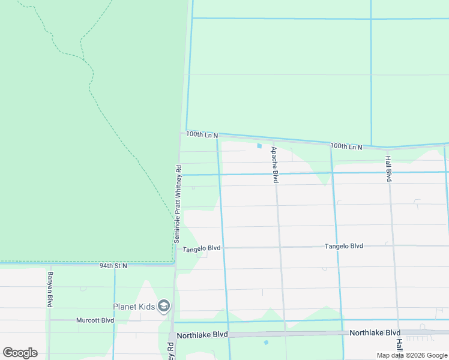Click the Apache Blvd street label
[x=274, y=164]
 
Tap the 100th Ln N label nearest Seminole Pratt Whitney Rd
[x=202, y=135]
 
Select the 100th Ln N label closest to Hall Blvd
[x=346, y=146]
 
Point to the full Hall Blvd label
[x=388, y=169]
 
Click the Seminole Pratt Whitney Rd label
[x=178, y=203]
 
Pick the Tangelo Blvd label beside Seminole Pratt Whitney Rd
[x=202, y=248]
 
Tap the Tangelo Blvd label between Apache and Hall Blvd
[x=344, y=246]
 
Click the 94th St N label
[x=113, y=265]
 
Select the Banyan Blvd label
[x=49, y=289]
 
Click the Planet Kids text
[x=134, y=307]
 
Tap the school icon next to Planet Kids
[x=164, y=307]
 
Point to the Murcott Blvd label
[x=95, y=320]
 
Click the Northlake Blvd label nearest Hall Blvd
[x=375, y=332]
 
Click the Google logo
[x=20, y=353]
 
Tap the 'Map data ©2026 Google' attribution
[x=412, y=355]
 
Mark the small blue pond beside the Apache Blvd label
[x=259, y=146]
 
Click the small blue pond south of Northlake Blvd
[x=265, y=343]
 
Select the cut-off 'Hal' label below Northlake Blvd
[x=399, y=345]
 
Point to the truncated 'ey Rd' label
[x=170, y=351]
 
